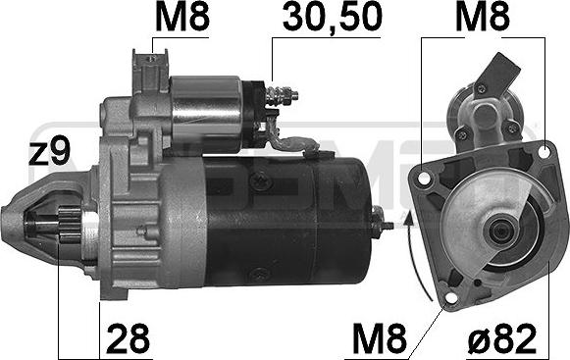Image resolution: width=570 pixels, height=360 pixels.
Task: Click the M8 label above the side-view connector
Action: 182,17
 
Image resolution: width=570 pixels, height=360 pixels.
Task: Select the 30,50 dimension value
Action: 333,17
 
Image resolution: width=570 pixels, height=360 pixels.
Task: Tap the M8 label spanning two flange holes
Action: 483,17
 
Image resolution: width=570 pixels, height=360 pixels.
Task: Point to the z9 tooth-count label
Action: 50,151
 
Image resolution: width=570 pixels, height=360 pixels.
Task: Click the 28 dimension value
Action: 129,338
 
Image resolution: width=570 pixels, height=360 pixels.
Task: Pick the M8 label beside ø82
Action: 380,338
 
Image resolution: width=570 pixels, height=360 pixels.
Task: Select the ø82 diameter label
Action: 502,338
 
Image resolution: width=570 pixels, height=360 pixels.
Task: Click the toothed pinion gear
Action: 71,225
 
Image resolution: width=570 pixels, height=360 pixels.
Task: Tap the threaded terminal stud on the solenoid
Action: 283,94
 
